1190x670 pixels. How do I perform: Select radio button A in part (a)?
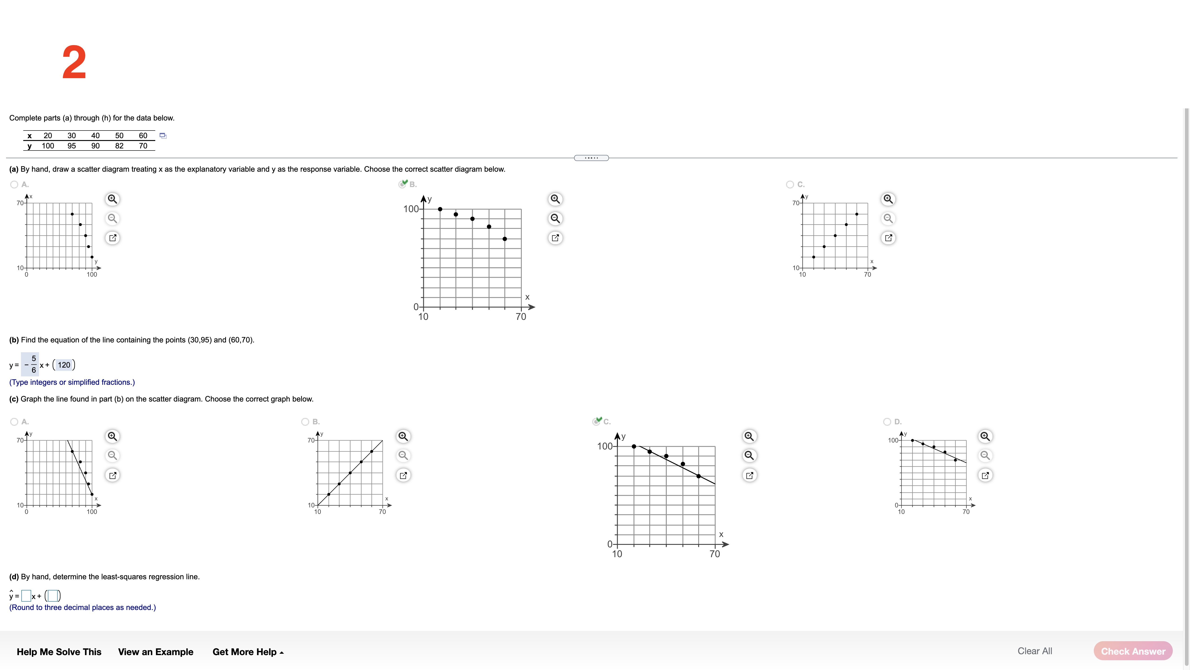14,184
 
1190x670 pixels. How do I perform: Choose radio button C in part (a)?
790,184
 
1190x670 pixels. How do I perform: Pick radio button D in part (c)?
887,422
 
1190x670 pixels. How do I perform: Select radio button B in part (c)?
305,422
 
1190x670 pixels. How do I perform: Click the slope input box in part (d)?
26,596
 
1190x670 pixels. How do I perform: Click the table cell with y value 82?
119,146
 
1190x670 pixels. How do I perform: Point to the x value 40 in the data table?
95,135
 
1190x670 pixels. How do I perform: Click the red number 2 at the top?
74,62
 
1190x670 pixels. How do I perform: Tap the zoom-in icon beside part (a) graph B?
555,199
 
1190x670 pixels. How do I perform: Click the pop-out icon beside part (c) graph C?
749,475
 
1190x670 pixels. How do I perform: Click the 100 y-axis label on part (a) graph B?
411,209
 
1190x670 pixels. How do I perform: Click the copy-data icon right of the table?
163,135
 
